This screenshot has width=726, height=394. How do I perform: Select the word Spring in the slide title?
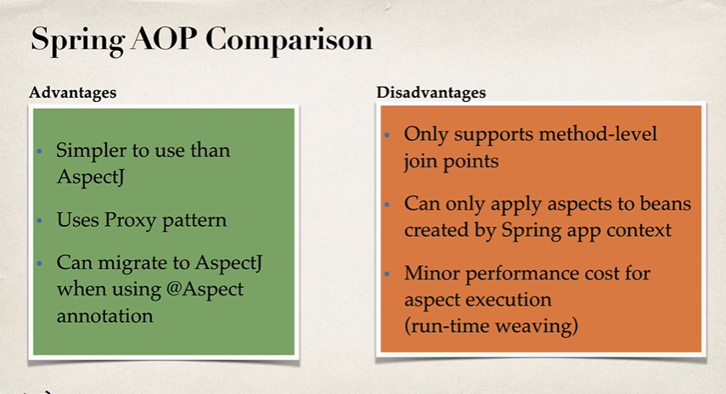click(75, 40)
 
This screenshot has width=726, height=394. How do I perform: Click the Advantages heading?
click(73, 92)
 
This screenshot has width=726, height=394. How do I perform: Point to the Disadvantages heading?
click(431, 93)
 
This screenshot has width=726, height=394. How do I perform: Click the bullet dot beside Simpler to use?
click(38, 152)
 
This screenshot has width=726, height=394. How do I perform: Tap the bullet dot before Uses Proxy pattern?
click(38, 221)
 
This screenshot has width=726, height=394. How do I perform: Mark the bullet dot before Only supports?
click(386, 136)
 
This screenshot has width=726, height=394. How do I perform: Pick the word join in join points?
click(420, 160)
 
